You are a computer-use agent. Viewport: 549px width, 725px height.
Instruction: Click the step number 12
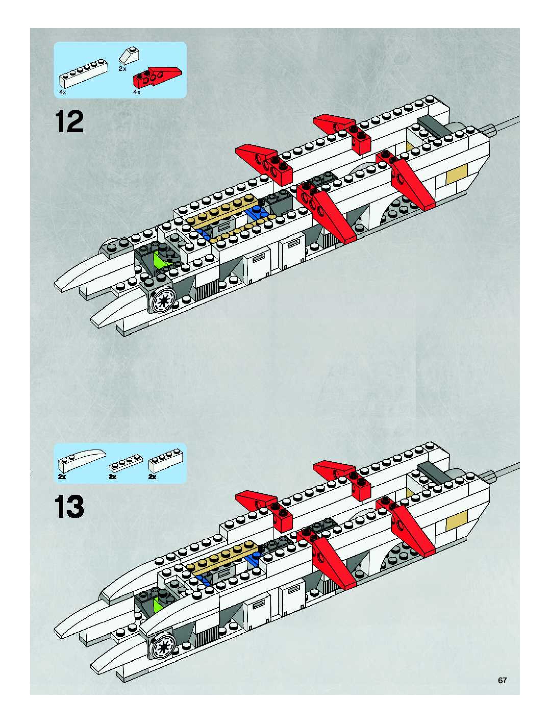pyautogui.click(x=69, y=122)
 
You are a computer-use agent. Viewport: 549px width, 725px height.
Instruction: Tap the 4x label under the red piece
pyautogui.click(x=137, y=92)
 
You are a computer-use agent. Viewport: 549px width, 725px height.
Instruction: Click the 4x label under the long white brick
pyautogui.click(x=63, y=92)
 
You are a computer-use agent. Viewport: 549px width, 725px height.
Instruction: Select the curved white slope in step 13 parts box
pyautogui.click(x=82, y=458)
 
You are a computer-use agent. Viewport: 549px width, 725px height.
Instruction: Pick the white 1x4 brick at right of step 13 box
pyautogui.click(x=166, y=460)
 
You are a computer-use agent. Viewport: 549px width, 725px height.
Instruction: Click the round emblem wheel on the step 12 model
pyautogui.click(x=163, y=299)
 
